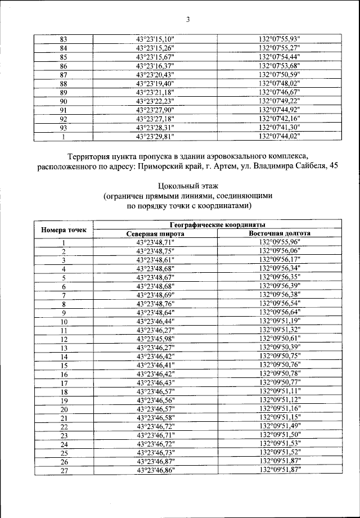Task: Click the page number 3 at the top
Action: click(188, 21)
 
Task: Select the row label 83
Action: click(63, 39)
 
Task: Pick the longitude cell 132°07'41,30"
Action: click(279, 127)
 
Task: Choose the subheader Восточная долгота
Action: click(279, 233)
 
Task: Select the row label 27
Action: click(64, 471)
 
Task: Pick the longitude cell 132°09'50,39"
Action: click(279, 348)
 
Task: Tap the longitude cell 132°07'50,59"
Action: click(279, 75)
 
